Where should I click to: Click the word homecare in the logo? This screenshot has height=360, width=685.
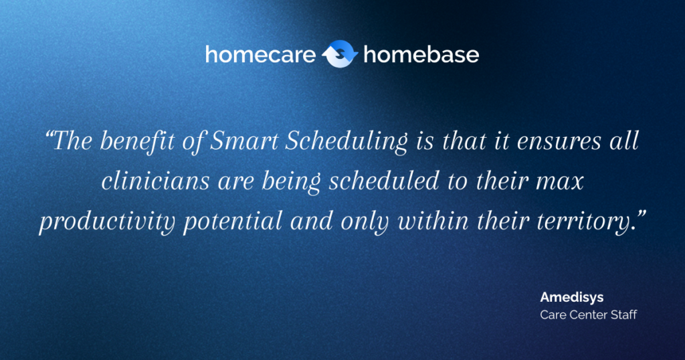click(x=260, y=55)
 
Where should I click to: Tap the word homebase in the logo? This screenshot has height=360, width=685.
click(x=421, y=55)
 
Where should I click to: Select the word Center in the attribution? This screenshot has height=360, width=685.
click(x=585, y=314)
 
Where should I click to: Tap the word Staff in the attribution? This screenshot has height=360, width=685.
click(x=621, y=314)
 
